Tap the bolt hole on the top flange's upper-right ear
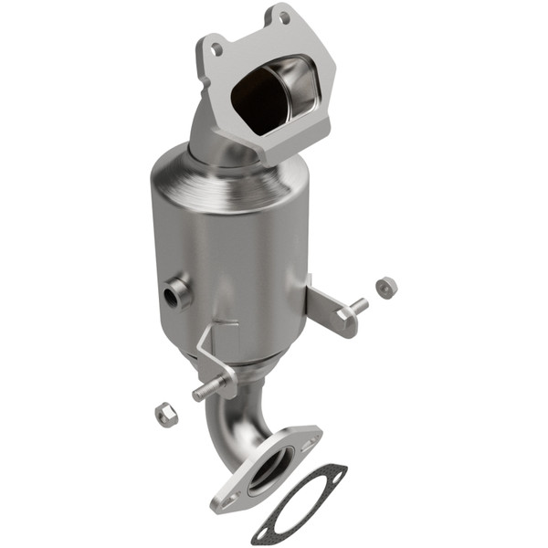pyautogui.click(x=284, y=17)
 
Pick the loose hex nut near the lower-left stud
pyautogui.click(x=165, y=414)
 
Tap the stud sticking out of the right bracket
pyautogui.click(x=358, y=308)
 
